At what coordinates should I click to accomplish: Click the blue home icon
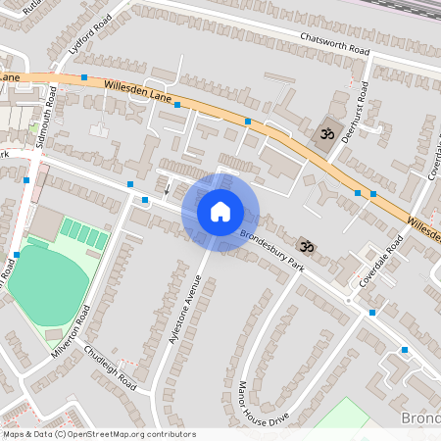pyautogui.click(x=220, y=212)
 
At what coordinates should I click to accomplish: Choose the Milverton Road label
pyautogui.click(x=70, y=329)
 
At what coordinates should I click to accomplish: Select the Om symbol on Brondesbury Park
pyautogui.click(x=306, y=245)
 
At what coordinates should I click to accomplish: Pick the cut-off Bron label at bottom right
pyautogui.click(x=421, y=418)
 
